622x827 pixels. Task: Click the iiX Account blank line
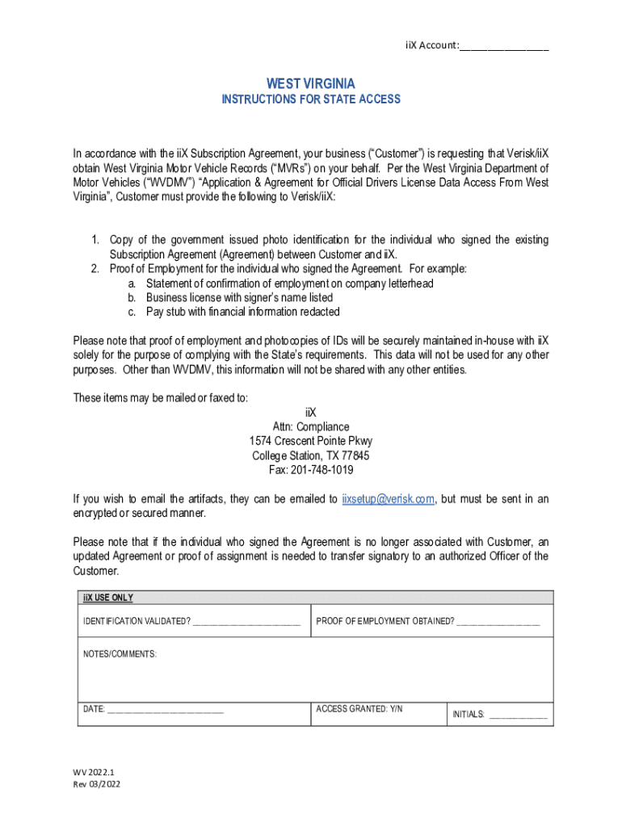(x=504, y=46)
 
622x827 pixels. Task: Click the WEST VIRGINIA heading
(x=311, y=84)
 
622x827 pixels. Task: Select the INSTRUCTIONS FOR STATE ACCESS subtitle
(x=311, y=99)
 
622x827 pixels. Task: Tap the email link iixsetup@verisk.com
(x=389, y=499)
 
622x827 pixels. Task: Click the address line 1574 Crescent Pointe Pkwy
(x=311, y=441)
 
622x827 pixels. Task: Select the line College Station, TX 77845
(x=311, y=455)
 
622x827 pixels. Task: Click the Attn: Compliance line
(x=311, y=426)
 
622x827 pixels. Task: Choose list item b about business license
(x=239, y=298)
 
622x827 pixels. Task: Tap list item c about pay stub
(x=242, y=312)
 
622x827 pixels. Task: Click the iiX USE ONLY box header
(x=108, y=598)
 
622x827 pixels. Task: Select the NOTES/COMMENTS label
(x=120, y=653)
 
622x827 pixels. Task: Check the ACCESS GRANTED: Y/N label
(x=359, y=708)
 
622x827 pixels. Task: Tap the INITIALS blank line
(x=518, y=715)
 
